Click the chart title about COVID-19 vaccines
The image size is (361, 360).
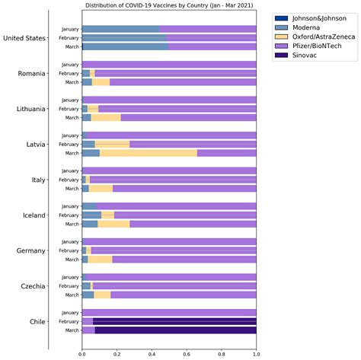168,5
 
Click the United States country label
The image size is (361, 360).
24,38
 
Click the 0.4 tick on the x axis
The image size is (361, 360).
152,354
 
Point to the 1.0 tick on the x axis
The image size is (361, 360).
256,354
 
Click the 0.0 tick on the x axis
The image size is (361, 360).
82,354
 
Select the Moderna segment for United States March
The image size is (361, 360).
124,46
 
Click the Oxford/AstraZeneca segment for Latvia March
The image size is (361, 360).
148,153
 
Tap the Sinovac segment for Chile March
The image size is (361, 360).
175,330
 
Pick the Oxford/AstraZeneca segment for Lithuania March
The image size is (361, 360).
106,117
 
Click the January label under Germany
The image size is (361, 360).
69,241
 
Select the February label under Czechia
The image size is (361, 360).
69,285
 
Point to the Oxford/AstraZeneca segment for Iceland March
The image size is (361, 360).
113,224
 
